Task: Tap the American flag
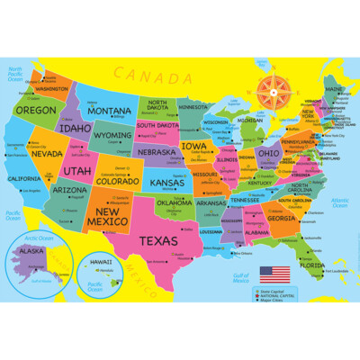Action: (271, 271)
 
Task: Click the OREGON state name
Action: (35, 110)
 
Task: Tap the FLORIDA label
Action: (313, 265)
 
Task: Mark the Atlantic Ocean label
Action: (339, 202)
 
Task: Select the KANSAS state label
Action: (166, 183)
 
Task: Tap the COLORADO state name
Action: (118, 181)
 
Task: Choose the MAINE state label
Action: (333, 89)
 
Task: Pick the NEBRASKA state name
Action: (157, 152)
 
